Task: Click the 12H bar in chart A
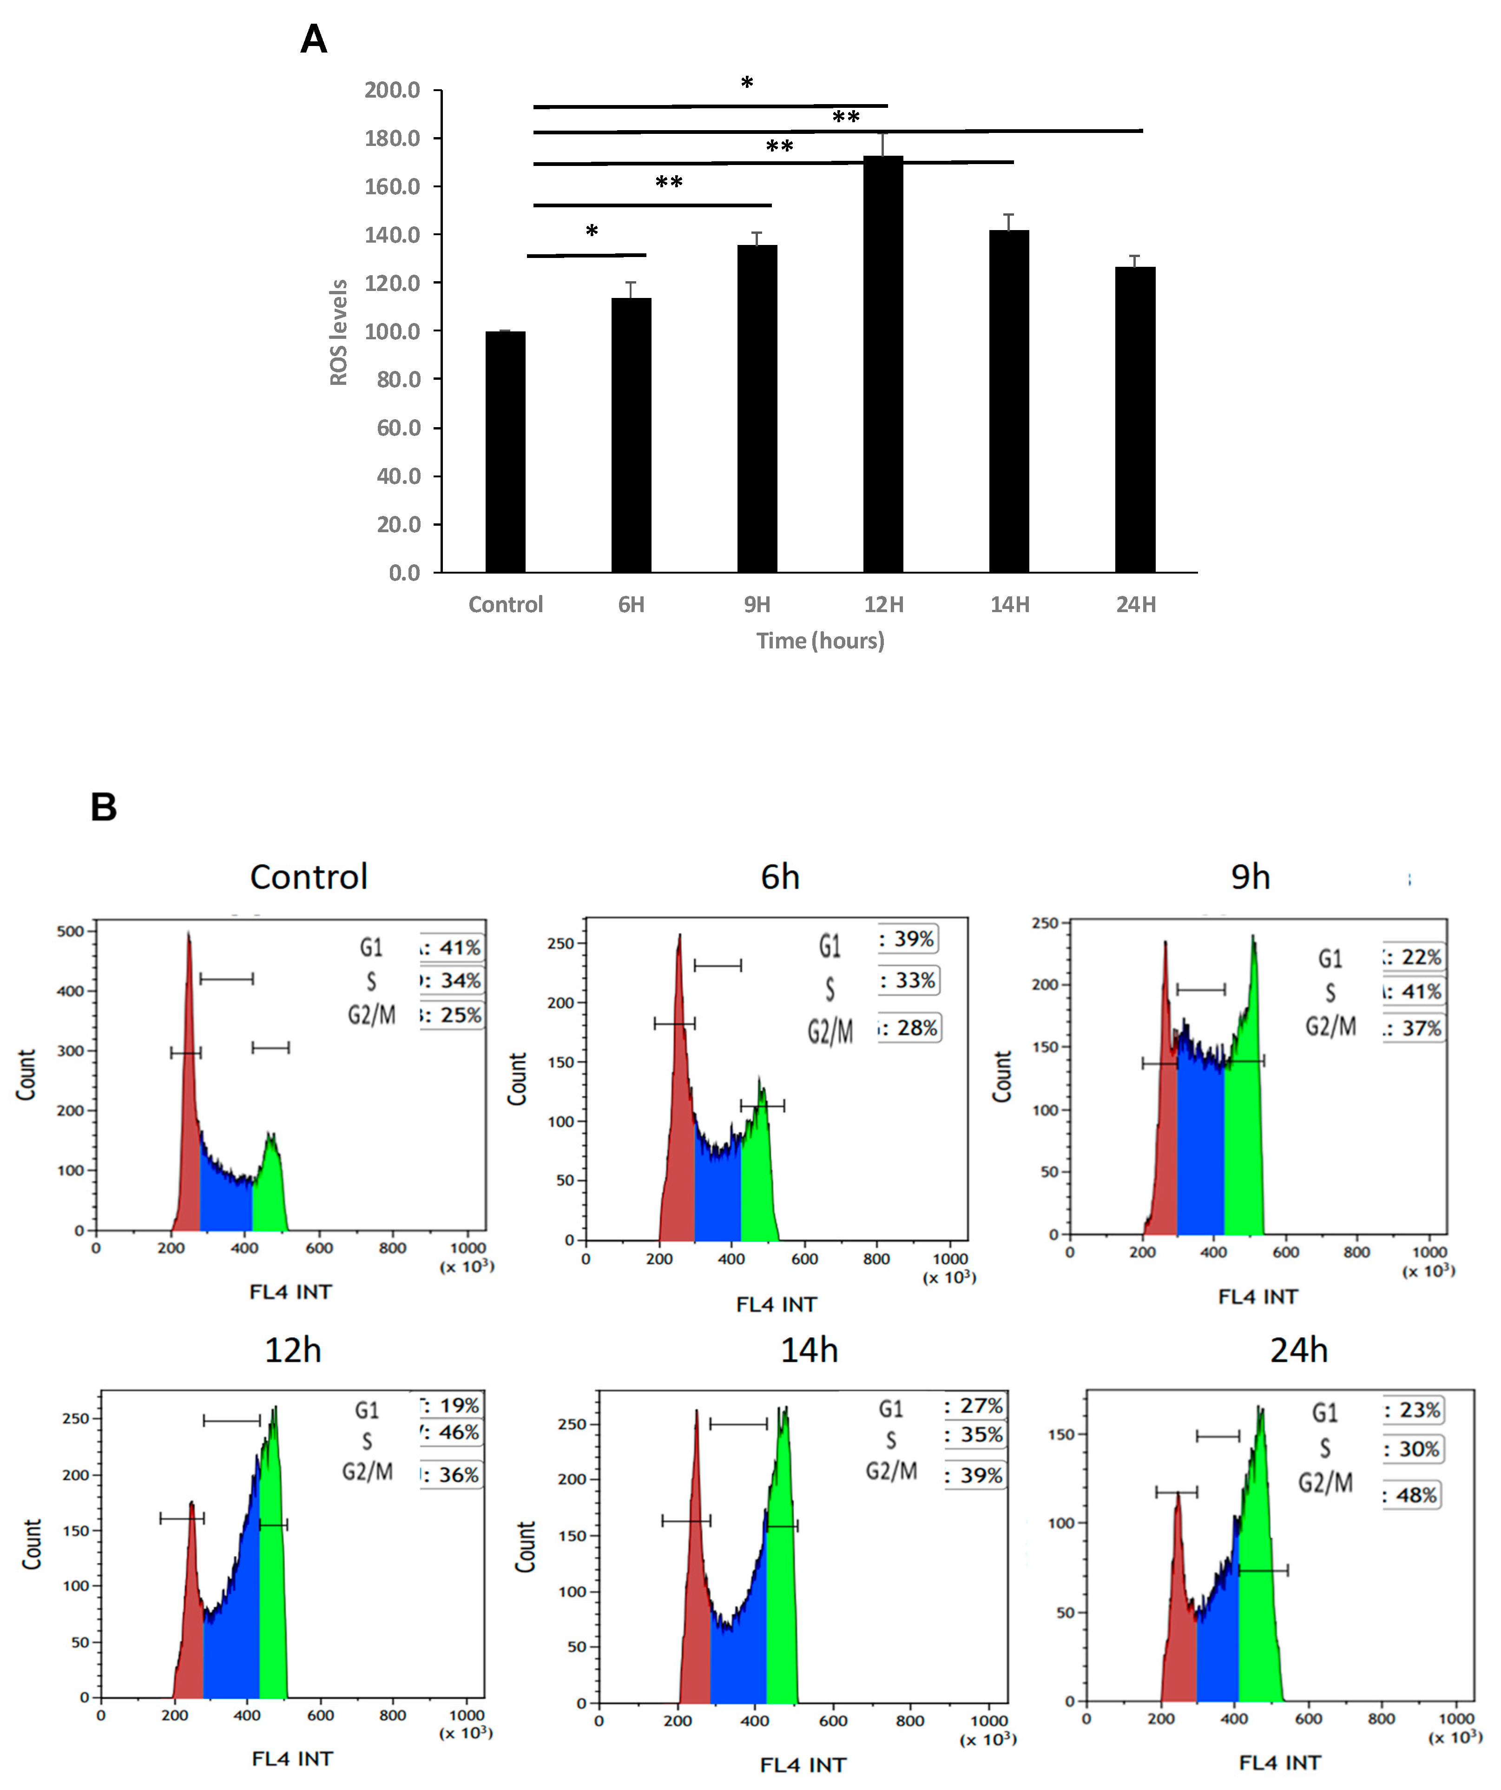pos(883,367)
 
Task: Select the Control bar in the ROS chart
pos(506,452)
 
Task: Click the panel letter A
pos(314,39)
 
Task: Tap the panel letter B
pos(103,806)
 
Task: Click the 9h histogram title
pos(1251,877)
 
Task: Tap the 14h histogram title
pos(809,1350)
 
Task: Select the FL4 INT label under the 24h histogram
pos(1279,1762)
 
